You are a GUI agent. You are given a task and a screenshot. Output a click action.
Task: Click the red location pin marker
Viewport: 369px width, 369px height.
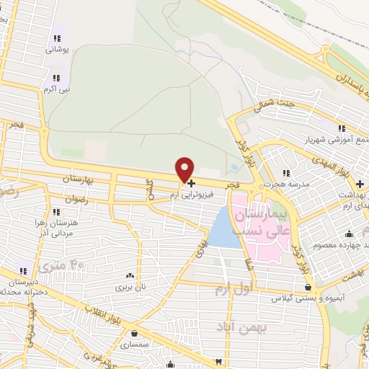(x=185, y=169)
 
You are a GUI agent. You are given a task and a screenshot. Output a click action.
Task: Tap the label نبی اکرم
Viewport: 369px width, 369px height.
(x=55, y=89)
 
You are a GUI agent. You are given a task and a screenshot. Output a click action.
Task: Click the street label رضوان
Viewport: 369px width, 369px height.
(x=75, y=198)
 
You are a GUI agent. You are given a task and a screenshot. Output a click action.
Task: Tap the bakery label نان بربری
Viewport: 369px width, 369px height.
(x=131, y=286)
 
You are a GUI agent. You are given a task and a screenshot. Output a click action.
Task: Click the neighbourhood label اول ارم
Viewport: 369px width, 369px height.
(x=232, y=289)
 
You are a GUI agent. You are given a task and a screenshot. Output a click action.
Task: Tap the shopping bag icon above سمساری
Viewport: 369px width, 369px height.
(x=135, y=333)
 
